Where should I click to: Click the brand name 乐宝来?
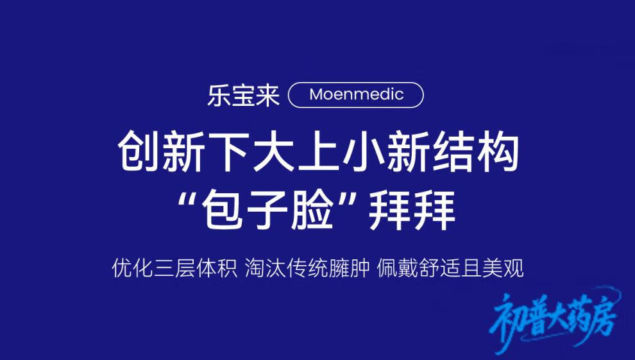[x=243, y=96]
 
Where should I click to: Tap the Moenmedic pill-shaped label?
[x=356, y=95]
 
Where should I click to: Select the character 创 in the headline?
[x=138, y=151]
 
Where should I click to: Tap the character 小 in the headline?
[x=362, y=151]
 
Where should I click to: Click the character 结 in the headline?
[x=452, y=151]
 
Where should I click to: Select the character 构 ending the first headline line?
[x=498, y=151]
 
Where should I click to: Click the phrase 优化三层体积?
[x=174, y=268]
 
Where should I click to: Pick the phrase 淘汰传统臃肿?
[x=307, y=268]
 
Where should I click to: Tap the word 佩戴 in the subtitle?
[x=398, y=268]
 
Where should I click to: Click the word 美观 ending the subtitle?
[x=503, y=268]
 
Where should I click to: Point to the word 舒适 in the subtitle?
[x=440, y=268]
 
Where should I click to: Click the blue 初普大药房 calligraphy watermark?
[x=555, y=318]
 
